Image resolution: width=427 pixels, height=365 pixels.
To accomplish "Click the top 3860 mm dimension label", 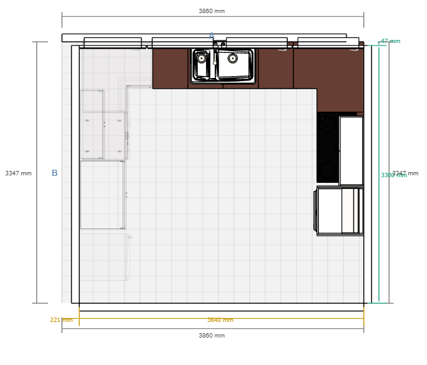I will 212,11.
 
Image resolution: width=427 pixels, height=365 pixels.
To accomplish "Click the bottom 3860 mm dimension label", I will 212,336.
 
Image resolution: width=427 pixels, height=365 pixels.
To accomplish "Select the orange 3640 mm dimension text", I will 220,320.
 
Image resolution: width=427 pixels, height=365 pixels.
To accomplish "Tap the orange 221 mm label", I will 61,320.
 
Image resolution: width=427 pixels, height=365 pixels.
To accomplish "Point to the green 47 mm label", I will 391,41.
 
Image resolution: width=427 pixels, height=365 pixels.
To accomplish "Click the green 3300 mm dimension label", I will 393,176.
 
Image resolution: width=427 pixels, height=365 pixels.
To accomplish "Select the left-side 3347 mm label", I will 18,173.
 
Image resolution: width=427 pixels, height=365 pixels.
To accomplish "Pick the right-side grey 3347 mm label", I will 406,173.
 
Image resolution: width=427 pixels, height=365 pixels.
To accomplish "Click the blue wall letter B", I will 54,173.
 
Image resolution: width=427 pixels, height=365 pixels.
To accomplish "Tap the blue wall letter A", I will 212,36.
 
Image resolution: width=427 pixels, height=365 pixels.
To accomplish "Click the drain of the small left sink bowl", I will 202,58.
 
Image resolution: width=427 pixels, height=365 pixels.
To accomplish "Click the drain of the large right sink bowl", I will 233,58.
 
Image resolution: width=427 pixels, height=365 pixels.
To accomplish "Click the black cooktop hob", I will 327,147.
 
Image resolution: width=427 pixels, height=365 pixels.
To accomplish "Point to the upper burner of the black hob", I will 327,125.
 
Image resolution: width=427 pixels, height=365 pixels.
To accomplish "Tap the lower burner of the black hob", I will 327,168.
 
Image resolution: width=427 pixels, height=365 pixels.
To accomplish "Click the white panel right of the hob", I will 351,150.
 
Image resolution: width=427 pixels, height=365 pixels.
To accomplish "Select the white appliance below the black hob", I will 339,211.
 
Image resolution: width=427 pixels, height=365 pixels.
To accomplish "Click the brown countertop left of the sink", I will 170,68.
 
